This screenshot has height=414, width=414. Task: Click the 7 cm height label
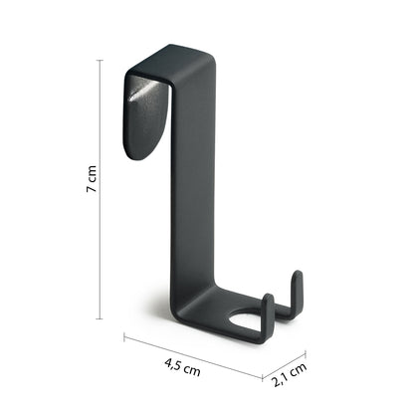pos(92,178)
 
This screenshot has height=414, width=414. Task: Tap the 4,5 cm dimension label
pos(182,366)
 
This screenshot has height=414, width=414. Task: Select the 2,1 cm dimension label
pos(290,375)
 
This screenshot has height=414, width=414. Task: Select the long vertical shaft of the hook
pos(193,186)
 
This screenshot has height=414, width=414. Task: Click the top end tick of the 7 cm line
pos(100,61)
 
